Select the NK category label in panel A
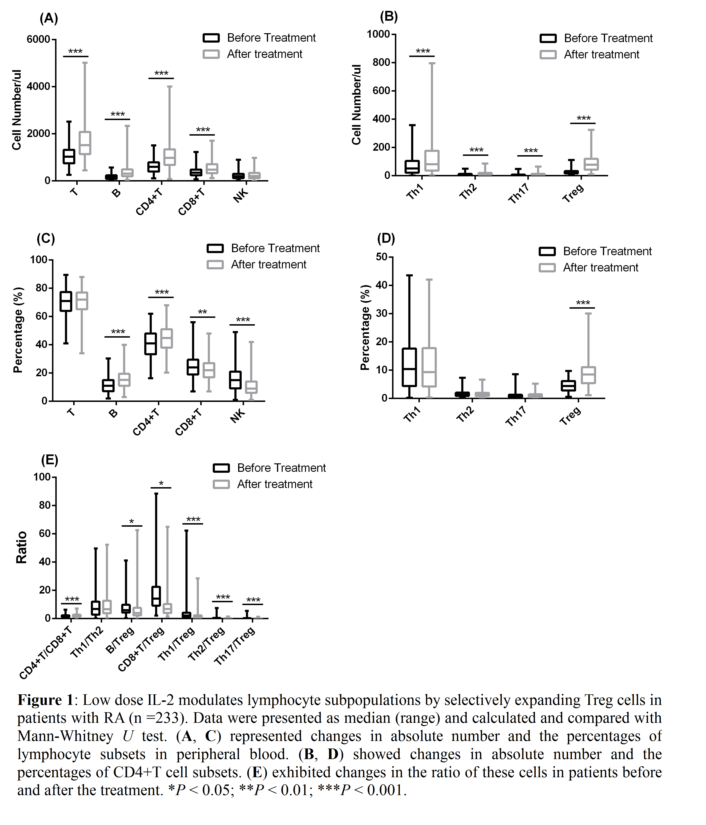(x=240, y=195)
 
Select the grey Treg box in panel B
(x=591, y=164)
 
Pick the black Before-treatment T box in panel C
(x=66, y=301)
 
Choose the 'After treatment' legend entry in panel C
(x=268, y=265)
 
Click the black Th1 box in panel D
(x=409, y=367)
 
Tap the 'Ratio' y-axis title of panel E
(x=21, y=547)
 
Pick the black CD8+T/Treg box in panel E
(x=156, y=596)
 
